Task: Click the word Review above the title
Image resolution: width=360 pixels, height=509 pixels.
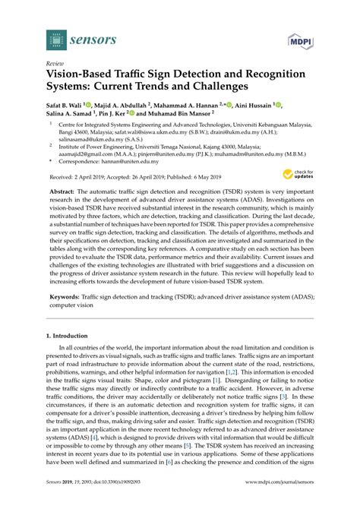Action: [55, 65]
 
